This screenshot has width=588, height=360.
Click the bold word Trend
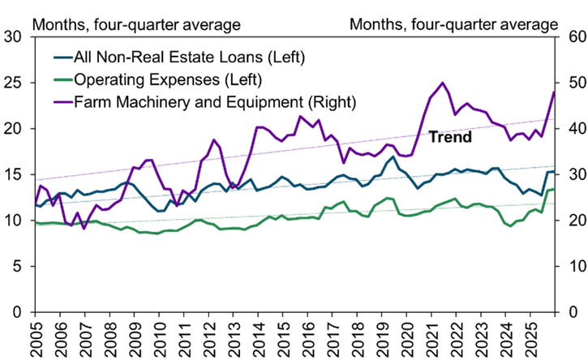pos(450,137)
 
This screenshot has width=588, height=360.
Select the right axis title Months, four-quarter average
pos(453,24)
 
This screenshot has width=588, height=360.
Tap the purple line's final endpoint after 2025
pos(554,92)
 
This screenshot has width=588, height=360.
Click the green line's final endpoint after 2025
pos(554,189)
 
